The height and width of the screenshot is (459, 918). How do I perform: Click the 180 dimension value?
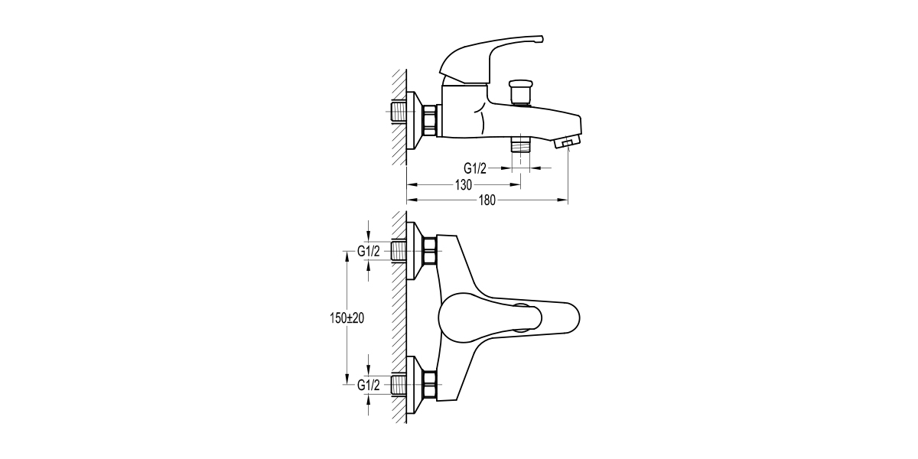click(488, 200)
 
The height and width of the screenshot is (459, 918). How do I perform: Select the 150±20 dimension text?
click(342, 318)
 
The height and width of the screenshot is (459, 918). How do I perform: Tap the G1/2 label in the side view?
click(475, 168)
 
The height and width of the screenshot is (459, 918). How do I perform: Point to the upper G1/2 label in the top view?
click(369, 251)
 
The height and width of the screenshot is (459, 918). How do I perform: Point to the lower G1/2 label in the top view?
click(369, 385)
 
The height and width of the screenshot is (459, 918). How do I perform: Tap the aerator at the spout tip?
click(567, 142)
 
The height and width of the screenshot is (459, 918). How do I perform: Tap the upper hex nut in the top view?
click(430, 251)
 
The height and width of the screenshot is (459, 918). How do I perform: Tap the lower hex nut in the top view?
click(430, 385)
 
